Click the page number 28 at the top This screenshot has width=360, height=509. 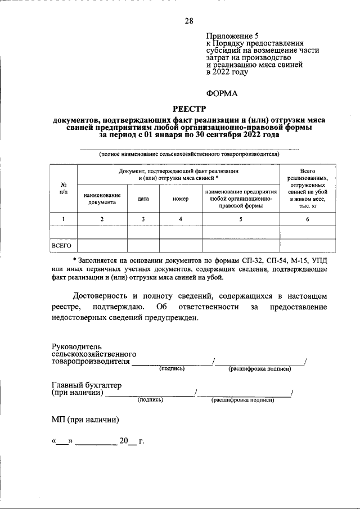(x=189, y=21)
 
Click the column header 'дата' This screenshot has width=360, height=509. (x=143, y=199)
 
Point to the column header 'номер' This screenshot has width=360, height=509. (x=180, y=199)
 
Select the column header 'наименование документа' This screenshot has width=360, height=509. (x=102, y=199)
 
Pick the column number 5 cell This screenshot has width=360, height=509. (x=241, y=219)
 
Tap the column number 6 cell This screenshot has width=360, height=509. (x=307, y=219)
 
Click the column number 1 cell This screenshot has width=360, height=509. (x=64, y=219)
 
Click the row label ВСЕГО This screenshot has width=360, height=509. (x=63, y=245)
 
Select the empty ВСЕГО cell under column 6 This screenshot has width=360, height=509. (x=307, y=245)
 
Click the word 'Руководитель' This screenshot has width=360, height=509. (x=76, y=346)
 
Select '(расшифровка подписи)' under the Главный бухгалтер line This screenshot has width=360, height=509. (x=242, y=400)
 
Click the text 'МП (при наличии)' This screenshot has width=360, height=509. (x=84, y=420)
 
